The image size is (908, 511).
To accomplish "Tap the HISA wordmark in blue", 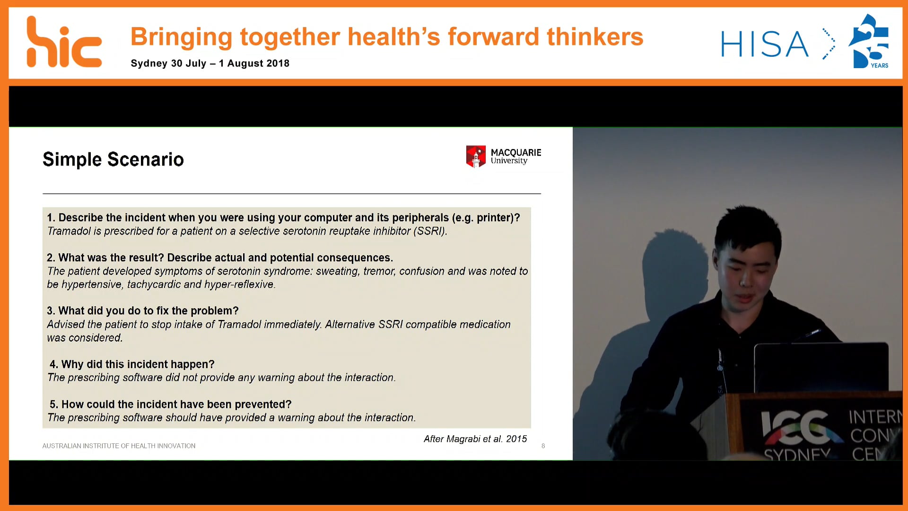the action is [x=765, y=44].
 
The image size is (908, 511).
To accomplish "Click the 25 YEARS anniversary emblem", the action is [x=869, y=41].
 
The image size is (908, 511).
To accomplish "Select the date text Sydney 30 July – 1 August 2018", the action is [x=210, y=63].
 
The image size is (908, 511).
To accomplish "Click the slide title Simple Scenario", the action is [x=113, y=159].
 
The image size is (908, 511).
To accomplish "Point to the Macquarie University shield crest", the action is [x=476, y=157].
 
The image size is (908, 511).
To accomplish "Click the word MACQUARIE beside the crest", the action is [x=516, y=152].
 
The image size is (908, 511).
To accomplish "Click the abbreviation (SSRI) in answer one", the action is [x=430, y=231].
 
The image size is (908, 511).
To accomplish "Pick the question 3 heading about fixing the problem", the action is [x=143, y=311].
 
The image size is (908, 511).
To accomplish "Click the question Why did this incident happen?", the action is [x=132, y=364].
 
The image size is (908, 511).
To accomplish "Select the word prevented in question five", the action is [x=261, y=405].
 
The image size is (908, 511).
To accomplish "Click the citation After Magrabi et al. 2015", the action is [x=475, y=439].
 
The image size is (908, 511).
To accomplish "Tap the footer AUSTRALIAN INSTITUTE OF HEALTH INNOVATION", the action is [x=119, y=446].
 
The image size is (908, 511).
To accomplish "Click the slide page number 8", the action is [x=543, y=446].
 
